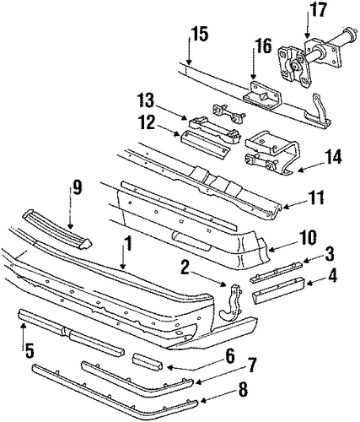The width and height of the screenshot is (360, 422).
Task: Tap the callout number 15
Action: point(200,34)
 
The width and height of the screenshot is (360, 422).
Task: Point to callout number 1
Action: point(127,245)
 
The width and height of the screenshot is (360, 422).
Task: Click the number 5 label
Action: point(29,350)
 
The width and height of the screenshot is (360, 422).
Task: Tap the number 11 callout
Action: point(315,197)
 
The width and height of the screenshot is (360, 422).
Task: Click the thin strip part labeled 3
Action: point(277,271)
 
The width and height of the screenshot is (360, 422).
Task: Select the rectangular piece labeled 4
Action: point(279,290)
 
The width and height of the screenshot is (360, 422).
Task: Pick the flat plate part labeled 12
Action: point(205,141)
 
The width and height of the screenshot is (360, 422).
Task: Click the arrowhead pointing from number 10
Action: point(270,249)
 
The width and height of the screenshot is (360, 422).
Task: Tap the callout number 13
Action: point(148,101)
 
